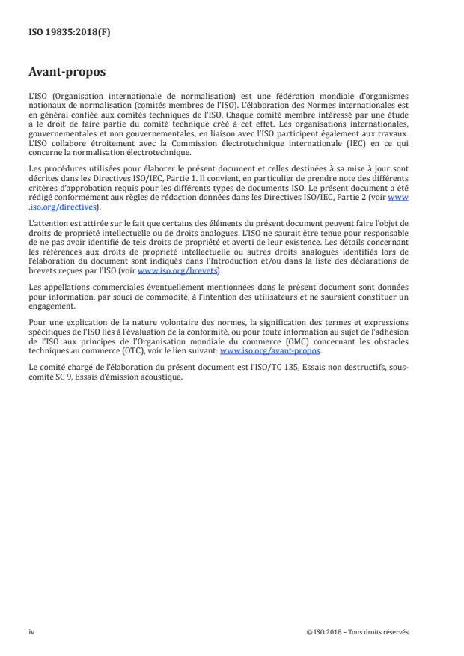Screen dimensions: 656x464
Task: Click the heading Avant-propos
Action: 67,73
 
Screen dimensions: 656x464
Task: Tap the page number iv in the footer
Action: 31,631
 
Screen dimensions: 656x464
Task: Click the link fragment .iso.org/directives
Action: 63,206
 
